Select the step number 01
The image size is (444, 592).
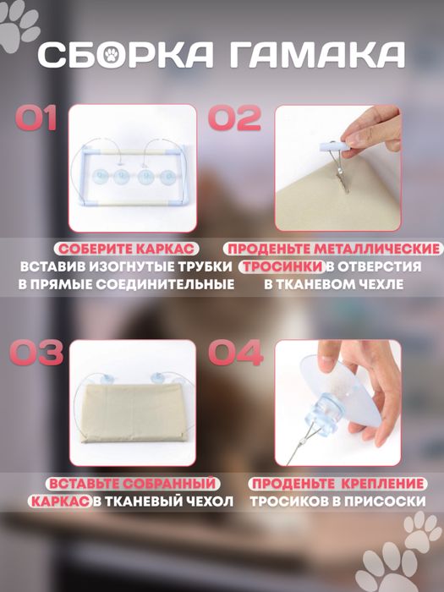pos(36,118)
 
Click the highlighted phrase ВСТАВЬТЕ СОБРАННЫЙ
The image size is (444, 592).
pos(132,483)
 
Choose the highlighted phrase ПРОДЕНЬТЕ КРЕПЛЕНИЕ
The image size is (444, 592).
pos(337,483)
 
